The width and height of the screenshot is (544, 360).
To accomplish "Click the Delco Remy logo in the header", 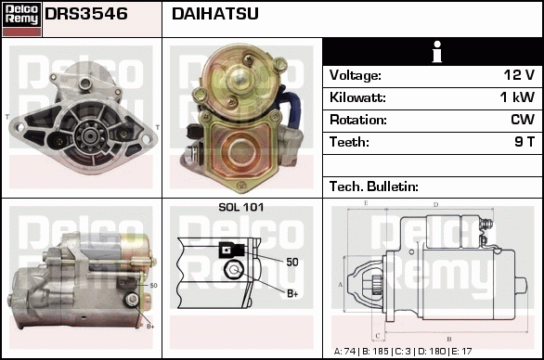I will pos(21,18).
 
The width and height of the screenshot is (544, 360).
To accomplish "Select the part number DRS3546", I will pos(86,15).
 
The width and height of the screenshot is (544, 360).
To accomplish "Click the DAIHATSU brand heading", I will pos(215,15).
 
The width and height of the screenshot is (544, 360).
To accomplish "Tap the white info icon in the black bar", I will pos(433,52).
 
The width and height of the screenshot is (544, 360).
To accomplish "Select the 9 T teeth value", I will pos(525,142).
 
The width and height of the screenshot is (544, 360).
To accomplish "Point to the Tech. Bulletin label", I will pos(374,186).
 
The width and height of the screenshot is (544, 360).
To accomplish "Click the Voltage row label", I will pos(355,75).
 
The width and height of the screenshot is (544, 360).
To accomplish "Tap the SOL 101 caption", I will pos(240,207).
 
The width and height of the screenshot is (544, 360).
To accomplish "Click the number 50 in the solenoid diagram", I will pos(291,263).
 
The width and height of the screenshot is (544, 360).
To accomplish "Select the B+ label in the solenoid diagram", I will pos(291,294).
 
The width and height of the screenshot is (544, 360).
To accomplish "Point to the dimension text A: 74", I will pos(348,352).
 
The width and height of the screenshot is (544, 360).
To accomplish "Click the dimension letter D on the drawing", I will pos(435,204).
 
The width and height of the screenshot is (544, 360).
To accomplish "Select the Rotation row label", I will pos(357,120).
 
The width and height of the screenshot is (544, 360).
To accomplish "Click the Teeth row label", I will pos(349,142).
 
